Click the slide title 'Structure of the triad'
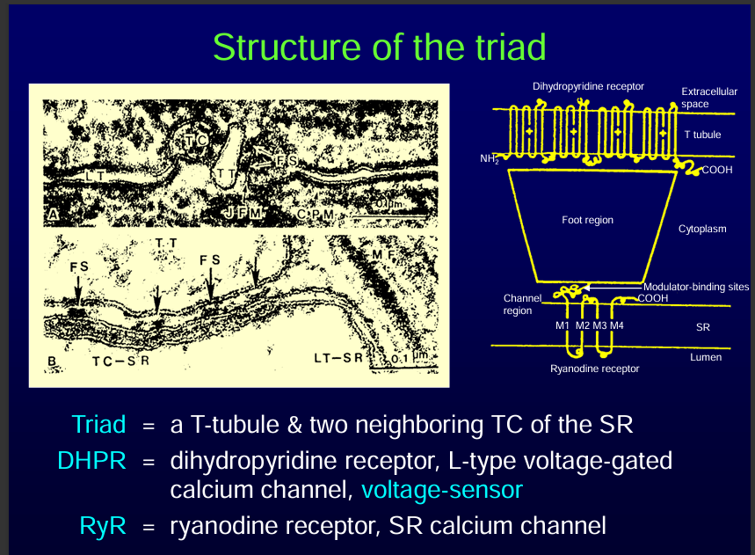tap(379, 46)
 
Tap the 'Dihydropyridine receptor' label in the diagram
tap(588, 86)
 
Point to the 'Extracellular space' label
tap(708, 98)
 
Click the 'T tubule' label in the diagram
tap(702, 135)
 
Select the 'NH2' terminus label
tap(490, 160)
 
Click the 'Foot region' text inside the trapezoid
tap(587, 220)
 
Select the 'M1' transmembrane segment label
tap(563, 325)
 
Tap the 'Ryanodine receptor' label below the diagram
tap(595, 369)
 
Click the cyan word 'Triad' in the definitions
tap(101, 424)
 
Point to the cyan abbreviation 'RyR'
tap(105, 526)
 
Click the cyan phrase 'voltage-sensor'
tap(446, 489)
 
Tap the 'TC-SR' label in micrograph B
tap(121, 361)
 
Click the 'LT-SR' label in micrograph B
tap(338, 358)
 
